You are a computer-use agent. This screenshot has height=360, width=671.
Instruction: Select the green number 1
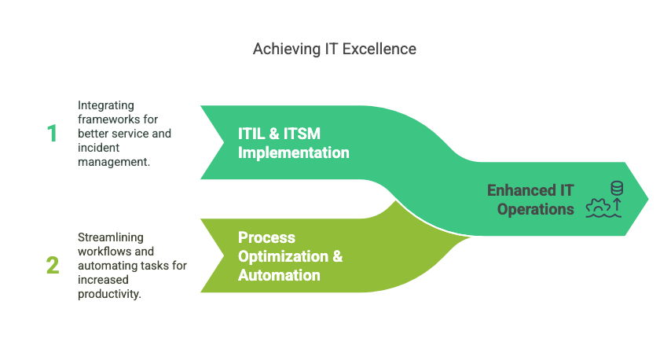pyautogui.click(x=52, y=134)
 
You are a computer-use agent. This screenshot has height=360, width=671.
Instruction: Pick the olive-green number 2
pyautogui.click(x=52, y=266)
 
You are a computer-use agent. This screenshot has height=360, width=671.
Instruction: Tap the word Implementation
pyautogui.click(x=293, y=152)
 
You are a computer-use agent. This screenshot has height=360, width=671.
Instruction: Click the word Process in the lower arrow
pyautogui.click(x=266, y=237)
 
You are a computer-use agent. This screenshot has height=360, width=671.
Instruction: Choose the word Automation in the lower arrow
pyautogui.click(x=279, y=275)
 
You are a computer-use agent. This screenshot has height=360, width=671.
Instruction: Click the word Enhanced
pyautogui.click(x=519, y=190)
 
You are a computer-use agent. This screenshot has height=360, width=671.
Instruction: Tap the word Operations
pyautogui.click(x=535, y=209)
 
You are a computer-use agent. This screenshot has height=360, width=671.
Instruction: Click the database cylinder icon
pyautogui.click(x=617, y=188)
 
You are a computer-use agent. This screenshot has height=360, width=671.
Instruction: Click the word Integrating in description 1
pyautogui.click(x=105, y=105)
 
